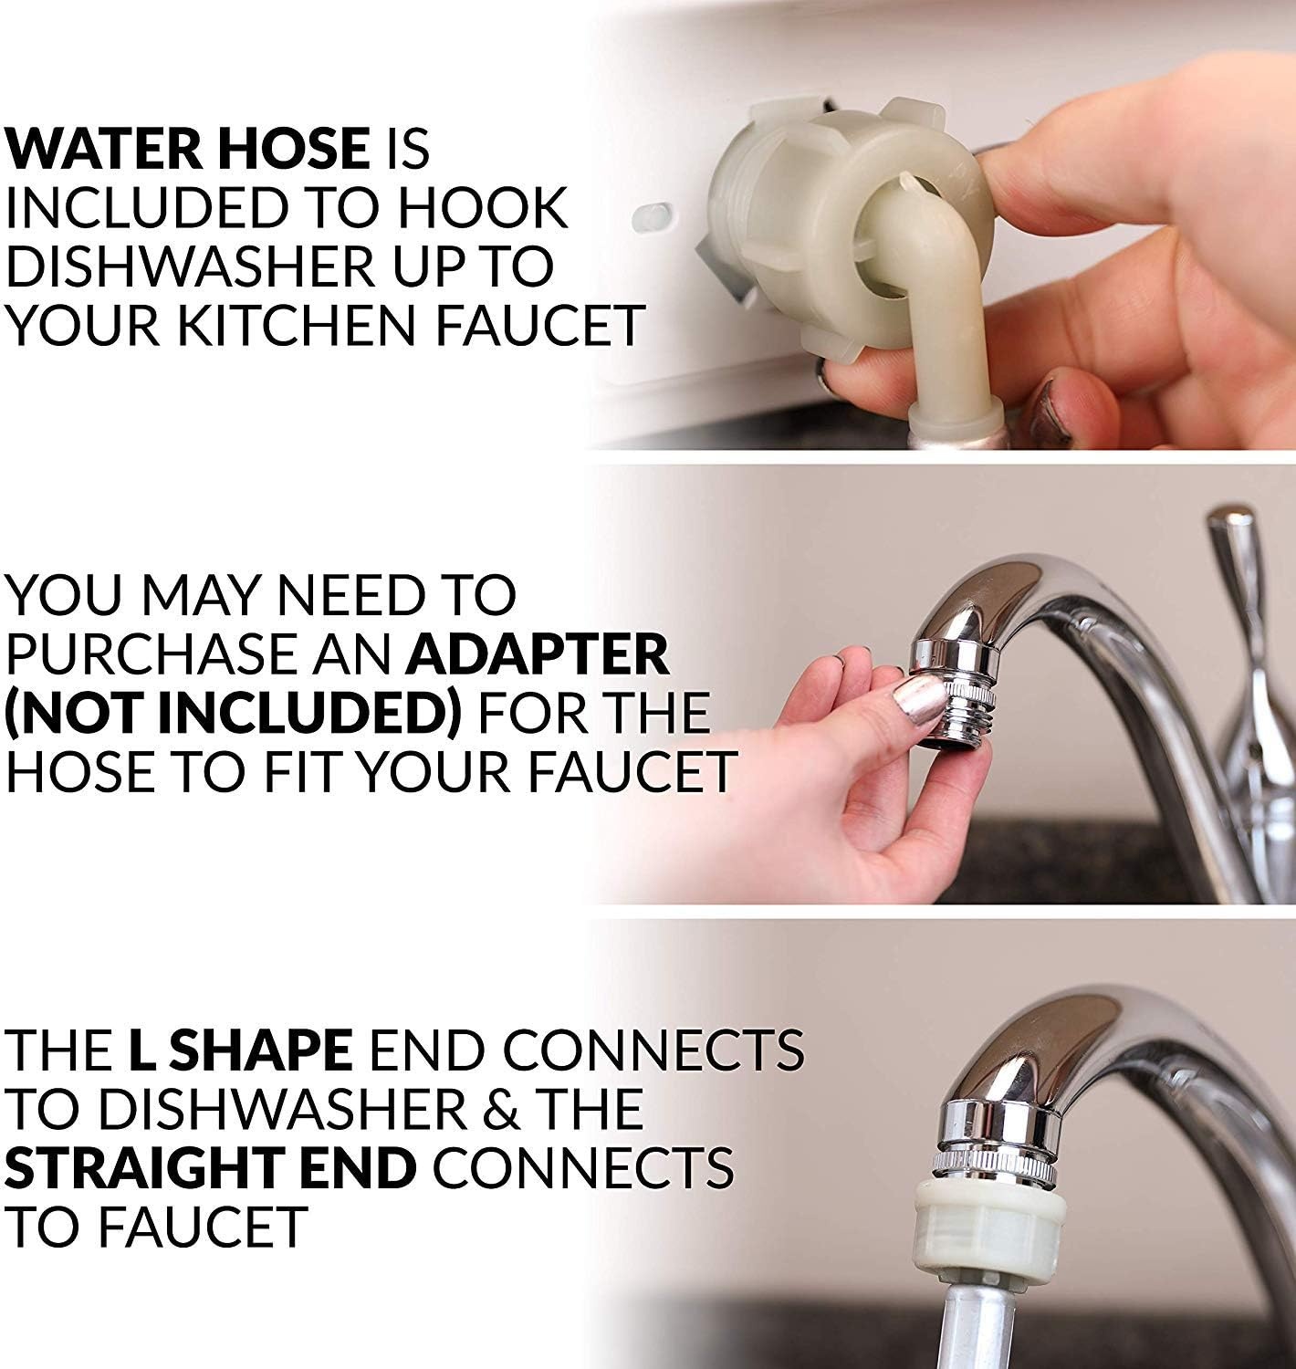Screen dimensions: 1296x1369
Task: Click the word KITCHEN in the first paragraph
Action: [x=299, y=325]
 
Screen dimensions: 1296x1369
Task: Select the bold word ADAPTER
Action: [x=538, y=653]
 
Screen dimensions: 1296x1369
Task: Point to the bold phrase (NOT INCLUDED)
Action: [x=233, y=713]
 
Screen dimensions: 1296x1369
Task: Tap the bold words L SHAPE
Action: [x=240, y=1050]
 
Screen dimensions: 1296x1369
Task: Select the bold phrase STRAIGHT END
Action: [x=210, y=1168]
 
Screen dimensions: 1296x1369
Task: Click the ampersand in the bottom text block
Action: [x=499, y=1109]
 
